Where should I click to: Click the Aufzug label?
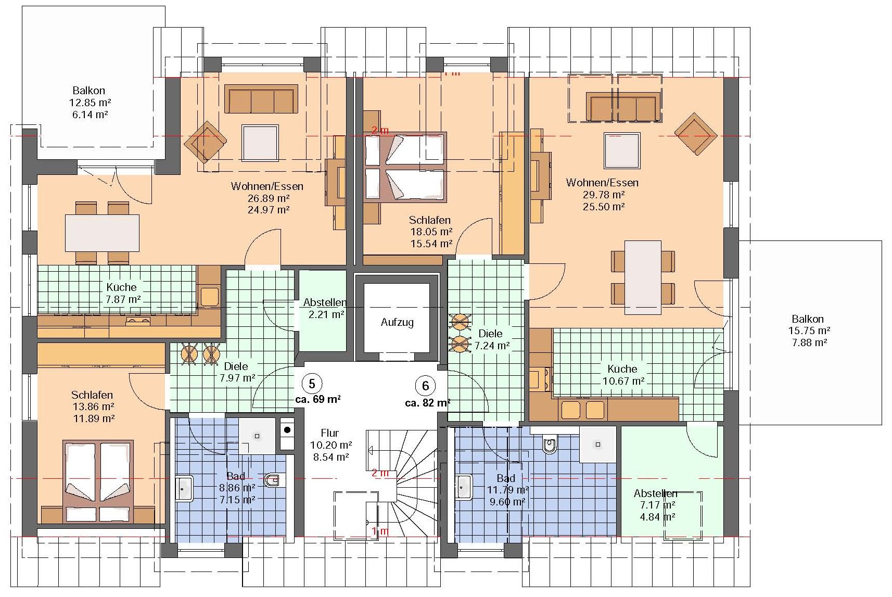pyautogui.click(x=397, y=322)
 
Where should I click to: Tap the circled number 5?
pyautogui.click(x=312, y=384)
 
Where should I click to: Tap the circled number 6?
pyautogui.click(x=425, y=386)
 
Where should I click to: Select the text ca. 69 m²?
pyautogui.click(x=318, y=399)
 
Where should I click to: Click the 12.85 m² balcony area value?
pyautogui.click(x=90, y=103)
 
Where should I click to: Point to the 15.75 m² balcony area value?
pyautogui.click(x=809, y=331)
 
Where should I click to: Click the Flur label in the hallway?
pyautogui.click(x=330, y=433)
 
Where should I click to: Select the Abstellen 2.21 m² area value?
pyautogui.click(x=326, y=314)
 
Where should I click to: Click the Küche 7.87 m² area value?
pyautogui.click(x=123, y=299)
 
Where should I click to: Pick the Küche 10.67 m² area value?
pyautogui.click(x=623, y=381)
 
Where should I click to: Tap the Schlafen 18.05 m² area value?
pyautogui.click(x=431, y=232)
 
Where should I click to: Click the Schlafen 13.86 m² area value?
pyautogui.click(x=94, y=407)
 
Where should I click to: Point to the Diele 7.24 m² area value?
pyautogui.click(x=492, y=346)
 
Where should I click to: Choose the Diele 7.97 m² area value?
pyautogui.click(x=237, y=377)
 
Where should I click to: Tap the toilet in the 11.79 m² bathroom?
pyautogui.click(x=550, y=447)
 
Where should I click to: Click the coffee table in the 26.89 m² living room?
pyautogui.click(x=260, y=143)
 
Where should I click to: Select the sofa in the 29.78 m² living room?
pyautogui.click(x=623, y=107)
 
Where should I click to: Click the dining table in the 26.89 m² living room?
pyautogui.click(x=103, y=233)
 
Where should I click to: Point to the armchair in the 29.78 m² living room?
pyautogui.click(x=696, y=134)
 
